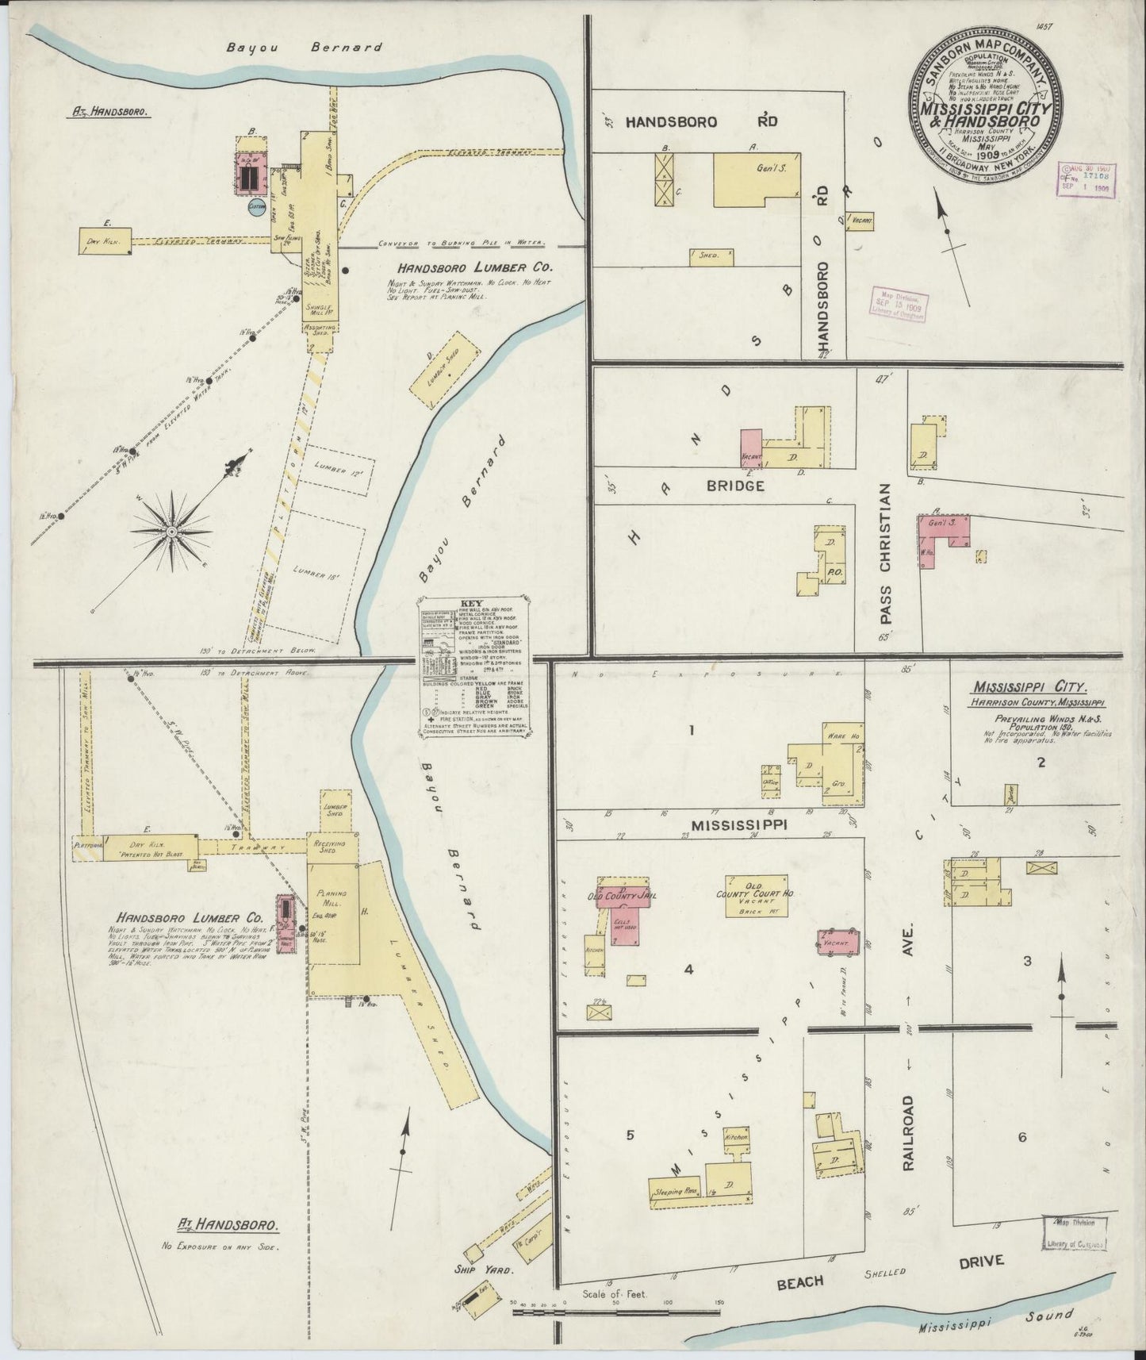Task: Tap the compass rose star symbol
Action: tap(171, 530)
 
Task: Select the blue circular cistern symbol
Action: tap(256, 207)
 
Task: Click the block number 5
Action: tap(630, 1135)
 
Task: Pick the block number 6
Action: tap(1022, 1137)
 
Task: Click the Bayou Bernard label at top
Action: tap(304, 47)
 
